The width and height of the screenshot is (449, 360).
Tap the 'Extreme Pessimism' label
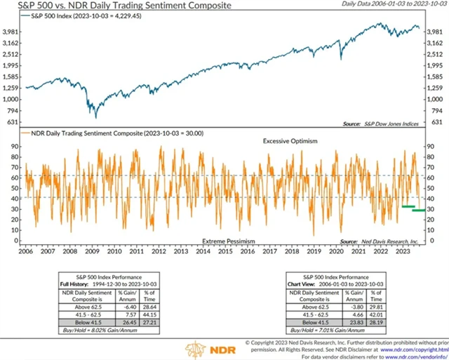[x=228, y=241]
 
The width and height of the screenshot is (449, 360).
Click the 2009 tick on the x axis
[x=93, y=251]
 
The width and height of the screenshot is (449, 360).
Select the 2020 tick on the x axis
[x=336, y=251]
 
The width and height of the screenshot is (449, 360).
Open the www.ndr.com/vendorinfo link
[x=415, y=356]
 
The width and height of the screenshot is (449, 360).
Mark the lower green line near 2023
[x=419, y=210]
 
